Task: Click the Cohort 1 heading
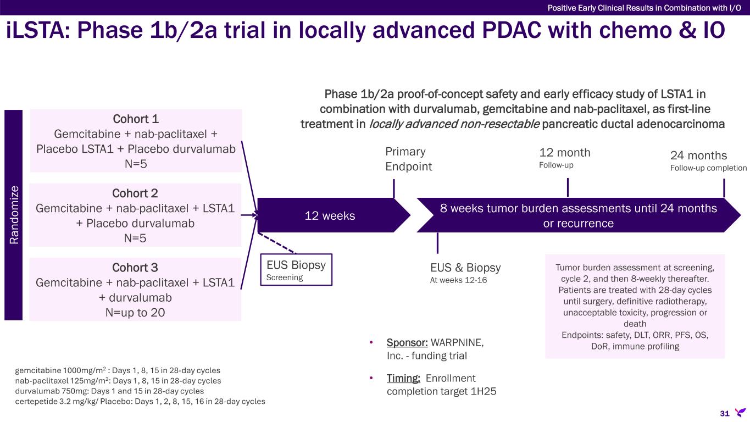click(135, 119)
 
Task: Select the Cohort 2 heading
click(135, 193)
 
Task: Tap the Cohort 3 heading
click(135, 268)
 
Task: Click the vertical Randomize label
click(14, 214)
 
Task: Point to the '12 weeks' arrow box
click(330, 215)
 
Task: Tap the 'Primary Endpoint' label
click(409, 159)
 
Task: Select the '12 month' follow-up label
click(565, 152)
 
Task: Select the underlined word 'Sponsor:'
click(407, 343)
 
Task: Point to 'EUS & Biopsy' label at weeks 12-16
click(465, 268)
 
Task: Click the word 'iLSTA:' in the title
click(40, 31)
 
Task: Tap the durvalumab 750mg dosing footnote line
click(110, 391)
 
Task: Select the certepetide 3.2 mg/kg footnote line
click(140, 401)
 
